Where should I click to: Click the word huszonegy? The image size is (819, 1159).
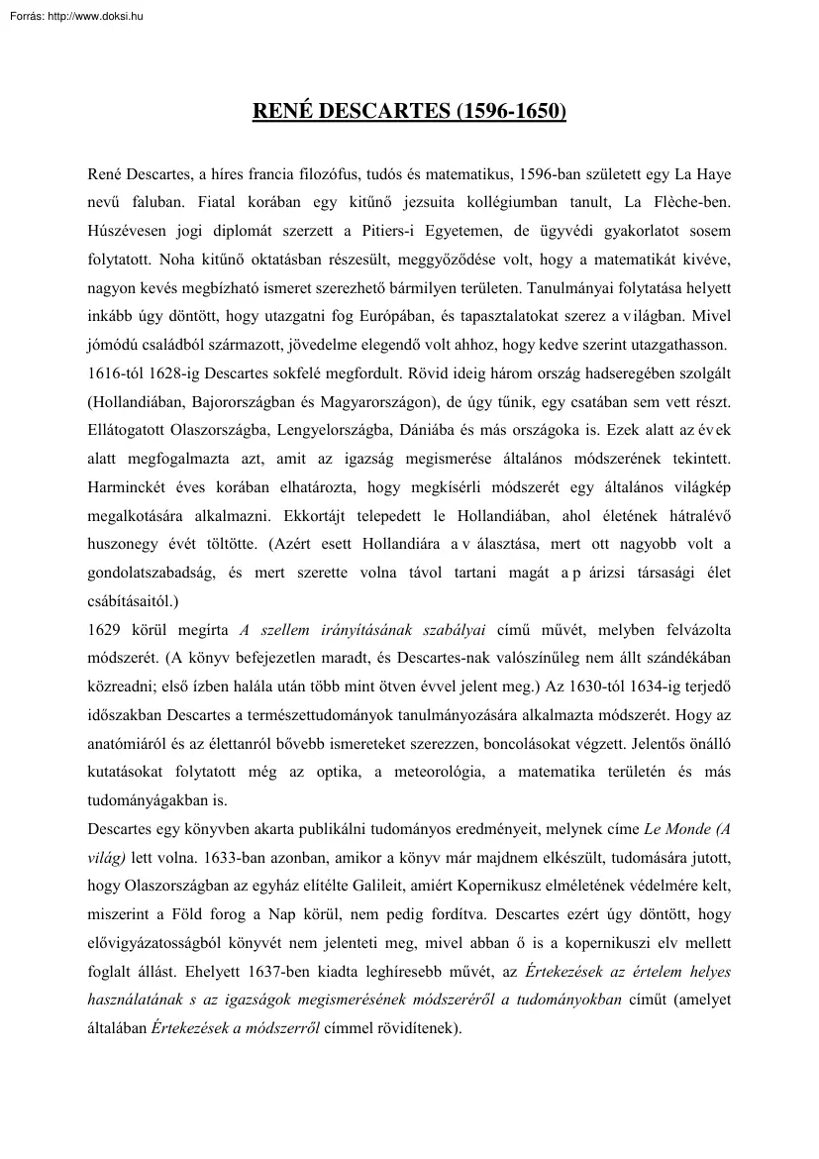(128, 545)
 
